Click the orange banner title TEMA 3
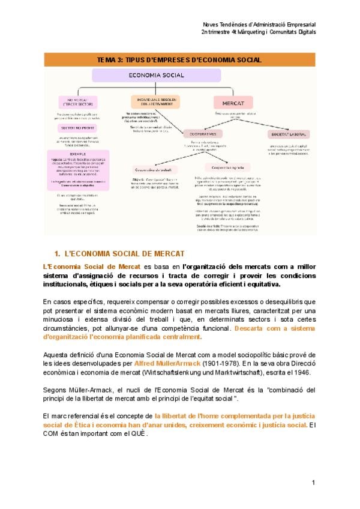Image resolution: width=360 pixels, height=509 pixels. pos(179,60)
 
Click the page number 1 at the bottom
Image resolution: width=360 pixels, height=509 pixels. pos(313,483)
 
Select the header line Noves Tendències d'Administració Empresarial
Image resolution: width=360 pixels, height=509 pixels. pos(260,25)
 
